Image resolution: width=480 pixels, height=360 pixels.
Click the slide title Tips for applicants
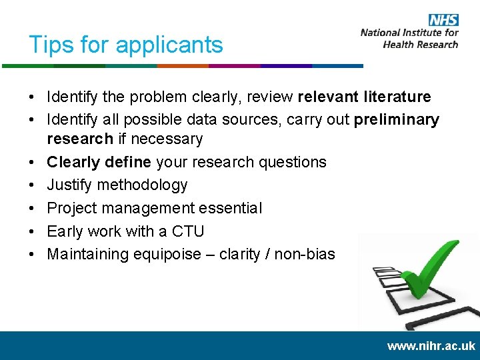[125, 45]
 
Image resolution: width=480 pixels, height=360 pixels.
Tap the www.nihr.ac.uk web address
[431, 346]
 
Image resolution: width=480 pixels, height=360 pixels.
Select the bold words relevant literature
[364, 97]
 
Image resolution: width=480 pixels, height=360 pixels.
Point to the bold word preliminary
[397, 120]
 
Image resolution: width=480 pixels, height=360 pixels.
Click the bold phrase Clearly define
[99, 162]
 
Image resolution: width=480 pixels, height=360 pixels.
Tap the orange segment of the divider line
[182, 66]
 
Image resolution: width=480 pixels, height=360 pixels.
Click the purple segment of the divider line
[234, 66]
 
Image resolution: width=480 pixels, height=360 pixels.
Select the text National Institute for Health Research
[409, 38]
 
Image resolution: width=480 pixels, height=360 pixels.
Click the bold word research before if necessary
[79, 139]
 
